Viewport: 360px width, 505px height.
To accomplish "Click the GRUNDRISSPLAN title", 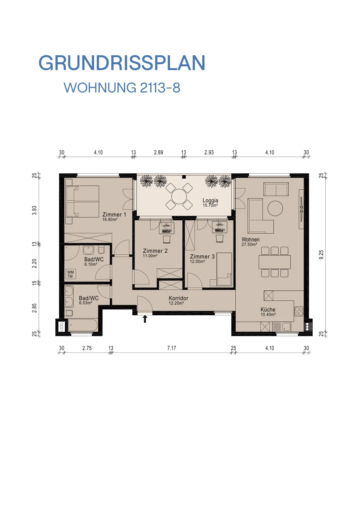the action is [122, 63].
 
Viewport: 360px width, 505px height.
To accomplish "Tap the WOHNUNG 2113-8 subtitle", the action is [122, 87].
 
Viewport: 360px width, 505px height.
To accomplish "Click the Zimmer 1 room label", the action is [114, 214].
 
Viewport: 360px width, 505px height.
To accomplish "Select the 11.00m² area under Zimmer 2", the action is [150, 256].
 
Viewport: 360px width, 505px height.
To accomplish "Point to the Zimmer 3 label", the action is [202, 257].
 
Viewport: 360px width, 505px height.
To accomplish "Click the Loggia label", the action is [210, 200].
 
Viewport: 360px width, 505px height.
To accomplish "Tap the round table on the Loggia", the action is [179, 196].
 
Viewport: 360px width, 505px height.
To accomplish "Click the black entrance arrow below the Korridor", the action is [145, 319].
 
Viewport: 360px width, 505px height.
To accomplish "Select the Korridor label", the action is [178, 298].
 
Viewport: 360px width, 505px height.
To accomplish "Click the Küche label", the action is [268, 310].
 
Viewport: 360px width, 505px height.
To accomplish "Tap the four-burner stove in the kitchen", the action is [299, 311].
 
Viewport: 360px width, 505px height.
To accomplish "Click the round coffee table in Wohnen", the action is [275, 208].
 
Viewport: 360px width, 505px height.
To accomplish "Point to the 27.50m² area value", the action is [249, 244].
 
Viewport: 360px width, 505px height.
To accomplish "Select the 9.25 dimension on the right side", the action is [321, 255].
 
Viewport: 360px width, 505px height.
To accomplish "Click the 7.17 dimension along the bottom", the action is [172, 348].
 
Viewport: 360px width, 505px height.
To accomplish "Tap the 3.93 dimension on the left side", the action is [34, 210].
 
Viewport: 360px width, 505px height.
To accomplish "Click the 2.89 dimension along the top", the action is [158, 152].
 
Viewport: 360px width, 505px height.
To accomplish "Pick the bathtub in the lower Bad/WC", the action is [83, 325].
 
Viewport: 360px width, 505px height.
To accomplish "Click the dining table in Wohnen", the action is [274, 262].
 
